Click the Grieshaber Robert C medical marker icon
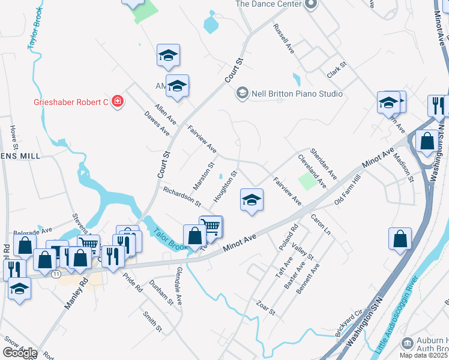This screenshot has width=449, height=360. pyautogui.click(x=118, y=101)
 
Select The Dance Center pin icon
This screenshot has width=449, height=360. pyautogui.click(x=310, y=5)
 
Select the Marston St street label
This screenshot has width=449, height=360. pyautogui.click(x=203, y=174)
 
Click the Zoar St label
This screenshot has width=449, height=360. pyautogui.click(x=265, y=308)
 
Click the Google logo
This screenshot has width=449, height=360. pyautogui.click(x=20, y=353)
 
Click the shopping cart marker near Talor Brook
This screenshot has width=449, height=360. pyautogui.click(x=211, y=227)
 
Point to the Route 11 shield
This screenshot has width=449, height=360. pyautogui.click(x=56, y=274)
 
